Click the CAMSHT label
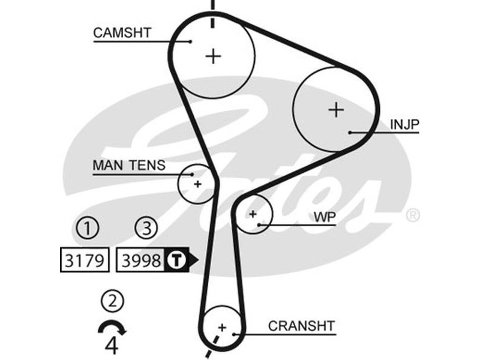(x=122, y=32)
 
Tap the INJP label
(x=404, y=124)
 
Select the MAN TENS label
(x=128, y=166)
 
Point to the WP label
(x=325, y=216)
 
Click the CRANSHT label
(x=301, y=326)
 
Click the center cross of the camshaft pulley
(x=213, y=56)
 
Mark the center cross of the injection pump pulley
(x=337, y=110)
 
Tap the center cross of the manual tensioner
(x=197, y=184)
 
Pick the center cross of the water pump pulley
(x=253, y=214)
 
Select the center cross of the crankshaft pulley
(x=222, y=328)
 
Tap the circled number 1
(x=87, y=228)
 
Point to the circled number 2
(x=112, y=299)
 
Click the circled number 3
(x=146, y=228)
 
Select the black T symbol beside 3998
(x=176, y=260)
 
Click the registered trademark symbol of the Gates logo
(x=413, y=215)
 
